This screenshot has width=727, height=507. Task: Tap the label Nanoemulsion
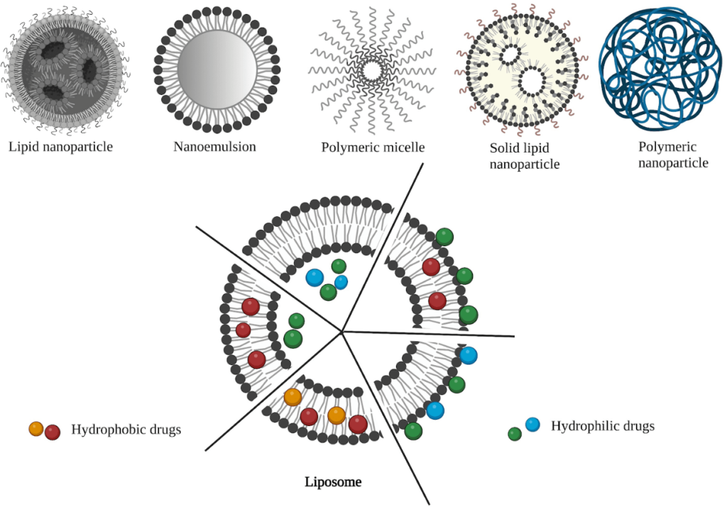214,147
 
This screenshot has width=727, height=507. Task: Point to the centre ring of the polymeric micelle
373,71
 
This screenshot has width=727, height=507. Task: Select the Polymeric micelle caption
373,148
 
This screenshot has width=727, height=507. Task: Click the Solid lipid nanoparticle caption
525,157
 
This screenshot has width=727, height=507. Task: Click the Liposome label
333,482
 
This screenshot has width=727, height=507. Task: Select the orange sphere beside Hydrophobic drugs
36,428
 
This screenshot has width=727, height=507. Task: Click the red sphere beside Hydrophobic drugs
52,432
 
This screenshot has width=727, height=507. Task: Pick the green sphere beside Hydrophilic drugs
515,434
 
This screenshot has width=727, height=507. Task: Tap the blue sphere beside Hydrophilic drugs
532,425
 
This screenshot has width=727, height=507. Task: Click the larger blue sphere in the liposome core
315,277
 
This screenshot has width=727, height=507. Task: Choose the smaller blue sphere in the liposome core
341,282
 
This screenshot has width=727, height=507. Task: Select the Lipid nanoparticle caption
61,147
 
